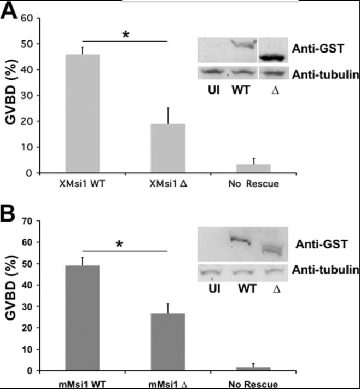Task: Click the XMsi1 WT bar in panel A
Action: point(83,114)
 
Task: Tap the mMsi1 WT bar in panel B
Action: point(83,318)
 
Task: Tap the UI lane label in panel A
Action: point(213,90)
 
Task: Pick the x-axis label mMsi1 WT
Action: point(83,384)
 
